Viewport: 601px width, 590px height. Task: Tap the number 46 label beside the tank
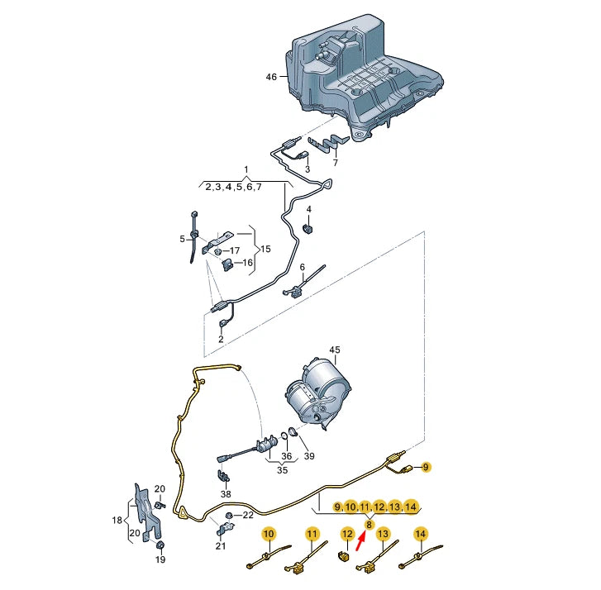271,77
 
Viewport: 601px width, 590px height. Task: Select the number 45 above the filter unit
335,350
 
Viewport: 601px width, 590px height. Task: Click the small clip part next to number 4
308,228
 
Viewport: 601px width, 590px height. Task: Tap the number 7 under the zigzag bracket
335,164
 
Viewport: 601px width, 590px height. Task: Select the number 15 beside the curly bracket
265,249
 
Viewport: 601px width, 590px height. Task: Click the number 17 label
235,250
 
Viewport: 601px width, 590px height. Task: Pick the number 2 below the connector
222,339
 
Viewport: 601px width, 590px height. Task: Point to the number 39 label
309,457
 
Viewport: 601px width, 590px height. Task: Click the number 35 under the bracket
283,470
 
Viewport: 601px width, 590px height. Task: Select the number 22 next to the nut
248,516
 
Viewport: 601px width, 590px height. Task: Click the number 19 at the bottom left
160,559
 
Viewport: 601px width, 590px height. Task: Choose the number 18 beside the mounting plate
117,521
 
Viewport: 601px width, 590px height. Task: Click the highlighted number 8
369,524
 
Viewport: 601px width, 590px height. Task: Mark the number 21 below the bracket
221,545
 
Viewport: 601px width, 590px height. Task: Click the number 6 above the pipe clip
303,268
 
